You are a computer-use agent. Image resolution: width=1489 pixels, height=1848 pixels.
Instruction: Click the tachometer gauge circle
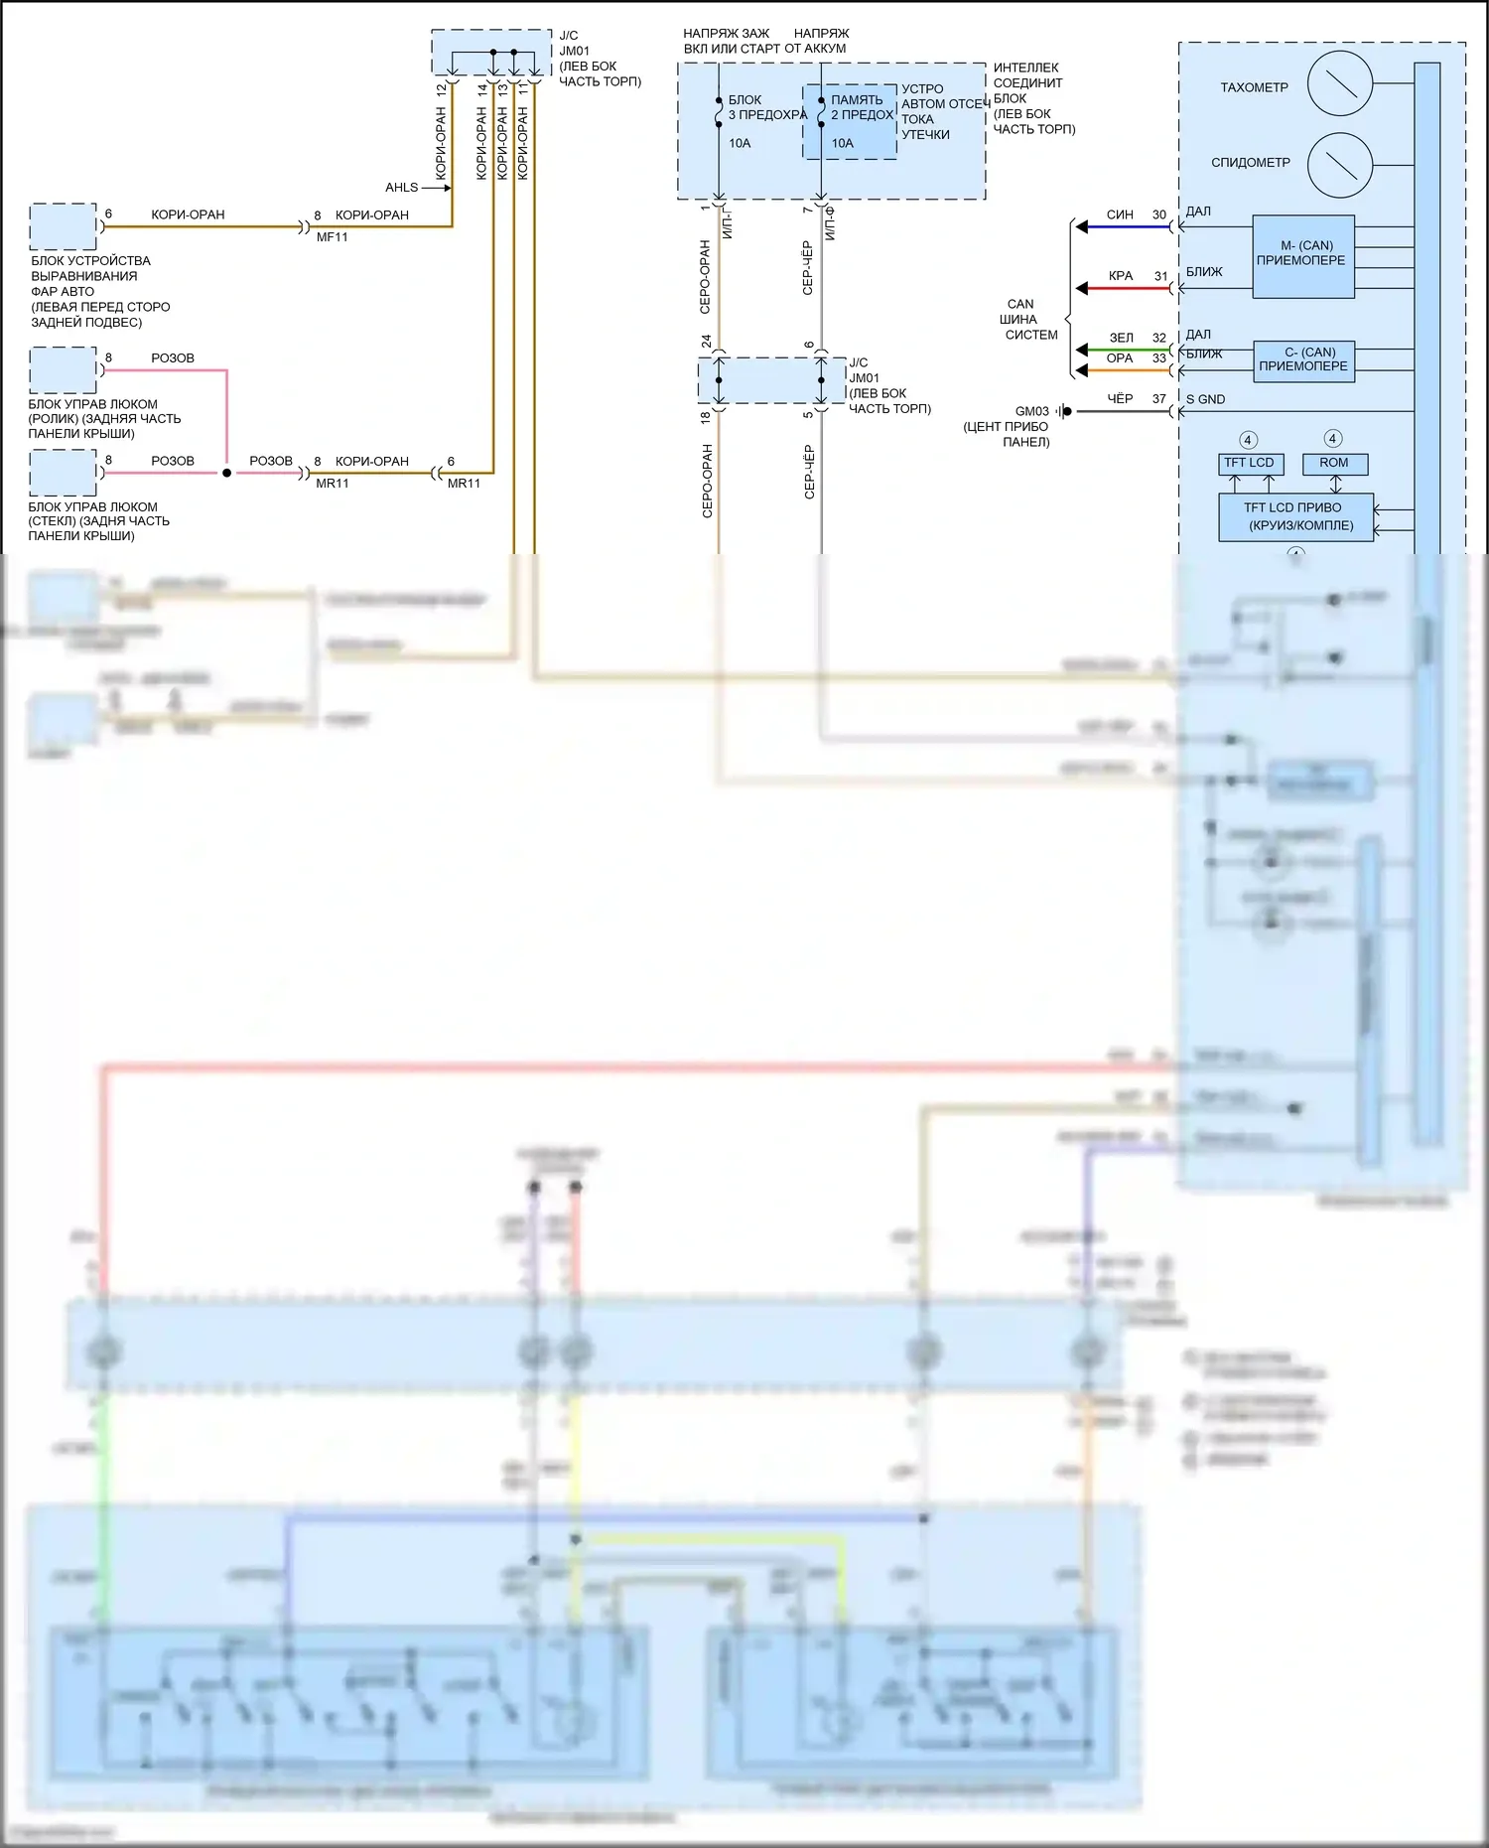[1340, 83]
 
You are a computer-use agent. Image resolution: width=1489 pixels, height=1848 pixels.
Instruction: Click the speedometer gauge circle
[1340, 165]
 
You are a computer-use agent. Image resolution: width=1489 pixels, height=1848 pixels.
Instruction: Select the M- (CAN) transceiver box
[1303, 256]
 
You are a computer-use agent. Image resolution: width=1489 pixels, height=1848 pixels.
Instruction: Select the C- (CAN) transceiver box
[1304, 360]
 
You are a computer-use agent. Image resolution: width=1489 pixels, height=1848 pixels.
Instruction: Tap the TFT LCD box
[1249, 464]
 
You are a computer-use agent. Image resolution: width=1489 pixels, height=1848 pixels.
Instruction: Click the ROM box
[1334, 464]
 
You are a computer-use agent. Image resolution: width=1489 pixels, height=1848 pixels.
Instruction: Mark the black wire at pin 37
[1122, 411]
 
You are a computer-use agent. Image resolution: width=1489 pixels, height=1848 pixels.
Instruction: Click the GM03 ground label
[1031, 411]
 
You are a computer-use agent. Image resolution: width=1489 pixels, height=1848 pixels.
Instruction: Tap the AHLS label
[401, 188]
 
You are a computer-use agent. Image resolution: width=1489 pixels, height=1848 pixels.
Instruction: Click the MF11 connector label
[333, 237]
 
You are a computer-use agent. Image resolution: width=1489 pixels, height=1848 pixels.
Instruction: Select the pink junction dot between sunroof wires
[226, 473]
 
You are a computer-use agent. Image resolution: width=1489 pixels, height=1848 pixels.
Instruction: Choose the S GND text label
[1206, 400]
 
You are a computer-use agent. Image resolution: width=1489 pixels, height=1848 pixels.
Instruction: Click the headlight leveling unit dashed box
[63, 226]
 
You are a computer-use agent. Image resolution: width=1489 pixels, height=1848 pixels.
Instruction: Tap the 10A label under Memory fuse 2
[842, 143]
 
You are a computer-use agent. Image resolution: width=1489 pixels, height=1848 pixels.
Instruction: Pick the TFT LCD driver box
[1295, 516]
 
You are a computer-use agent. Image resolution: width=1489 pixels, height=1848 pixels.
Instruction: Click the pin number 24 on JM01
[706, 342]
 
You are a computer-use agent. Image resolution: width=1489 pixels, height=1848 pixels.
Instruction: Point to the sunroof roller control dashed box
[63, 370]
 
